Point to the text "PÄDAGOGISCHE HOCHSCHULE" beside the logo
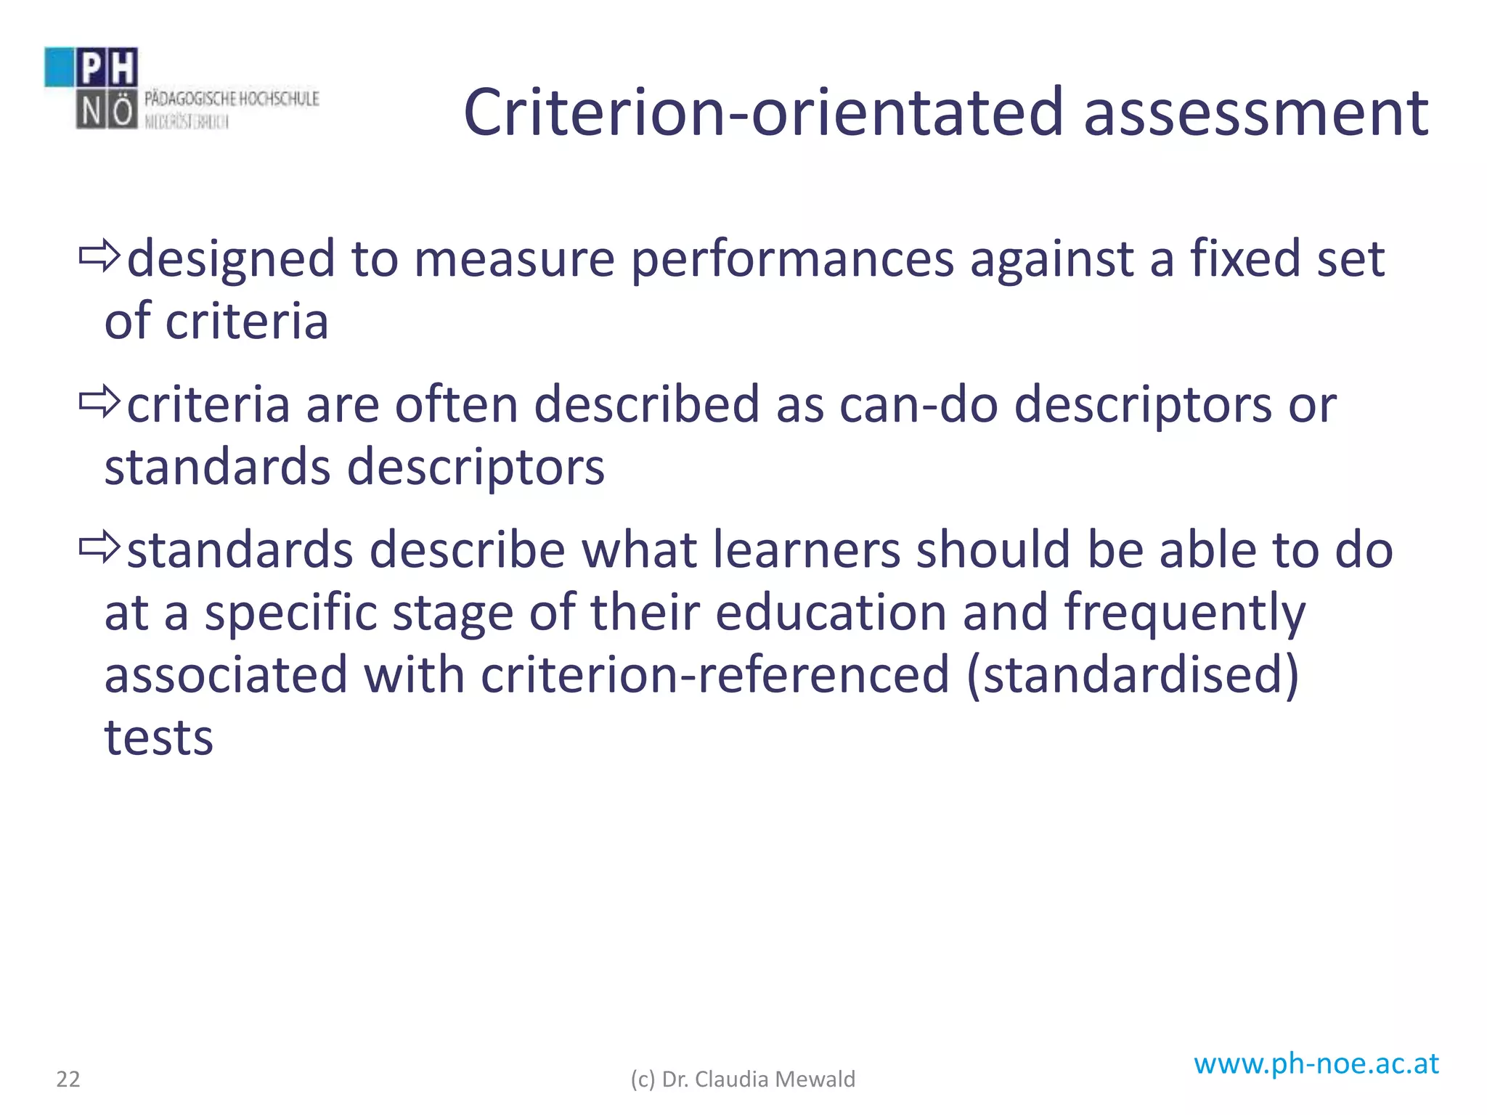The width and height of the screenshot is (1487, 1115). point(232,99)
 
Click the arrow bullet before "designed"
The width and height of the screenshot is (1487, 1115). point(99,257)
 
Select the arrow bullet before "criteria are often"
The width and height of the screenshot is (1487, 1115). point(99,402)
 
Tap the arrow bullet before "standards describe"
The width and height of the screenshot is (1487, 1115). point(99,548)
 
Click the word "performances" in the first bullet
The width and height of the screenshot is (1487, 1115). point(792,260)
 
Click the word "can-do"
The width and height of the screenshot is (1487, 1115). point(918,405)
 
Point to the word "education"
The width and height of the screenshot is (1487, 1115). point(831,612)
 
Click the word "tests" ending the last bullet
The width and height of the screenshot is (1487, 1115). point(159,738)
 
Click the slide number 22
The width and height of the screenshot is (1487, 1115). point(68,1079)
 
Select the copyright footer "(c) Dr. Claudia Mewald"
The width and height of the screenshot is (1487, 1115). point(743,1079)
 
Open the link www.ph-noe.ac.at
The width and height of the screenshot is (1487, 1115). point(1316,1063)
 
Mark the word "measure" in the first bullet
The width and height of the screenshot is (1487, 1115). point(514,260)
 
